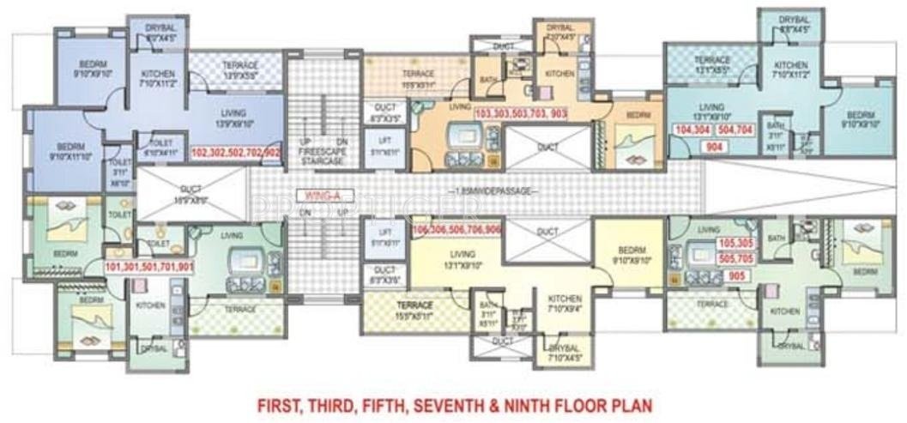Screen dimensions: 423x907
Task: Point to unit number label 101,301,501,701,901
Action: tap(149, 267)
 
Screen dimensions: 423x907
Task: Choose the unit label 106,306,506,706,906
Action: tap(457, 231)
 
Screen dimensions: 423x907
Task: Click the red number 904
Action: tap(712, 148)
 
